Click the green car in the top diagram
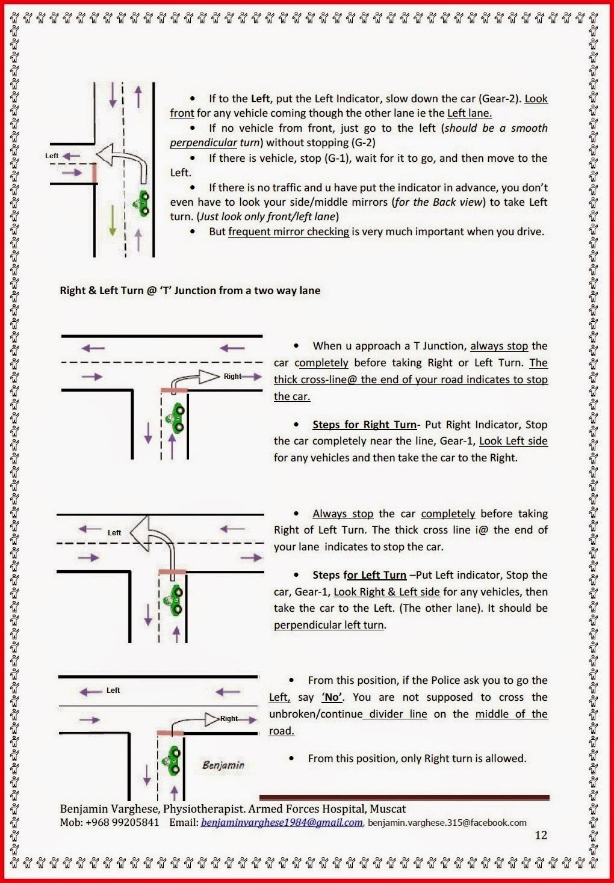143,203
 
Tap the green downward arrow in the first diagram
112,220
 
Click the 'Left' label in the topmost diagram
52,156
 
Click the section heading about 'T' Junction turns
190,291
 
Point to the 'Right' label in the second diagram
232,377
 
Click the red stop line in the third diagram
172,571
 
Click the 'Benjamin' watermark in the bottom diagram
223,765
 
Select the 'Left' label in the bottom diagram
113,691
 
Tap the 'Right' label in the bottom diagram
229,718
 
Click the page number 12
541,835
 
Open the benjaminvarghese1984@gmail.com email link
282,822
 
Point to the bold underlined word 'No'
332,697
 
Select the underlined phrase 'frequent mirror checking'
288,232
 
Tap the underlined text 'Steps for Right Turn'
364,425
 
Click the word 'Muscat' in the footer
388,809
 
